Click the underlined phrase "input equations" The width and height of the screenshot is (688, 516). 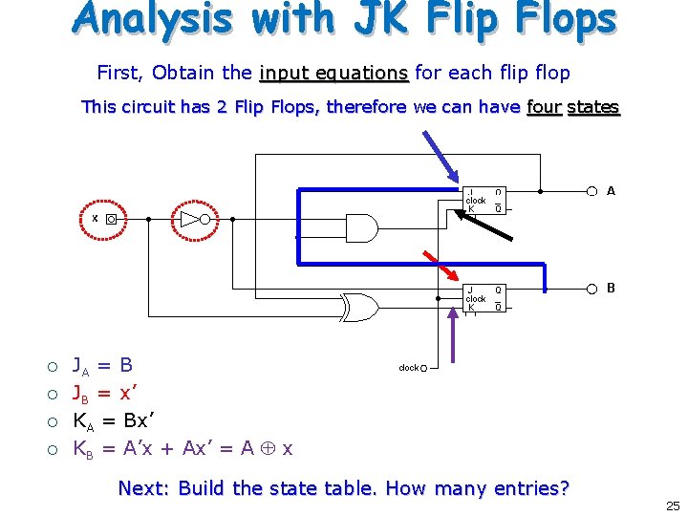click(333, 74)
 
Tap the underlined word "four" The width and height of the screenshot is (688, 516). click(544, 107)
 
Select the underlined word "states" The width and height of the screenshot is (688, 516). click(593, 107)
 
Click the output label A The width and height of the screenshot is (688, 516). click(611, 191)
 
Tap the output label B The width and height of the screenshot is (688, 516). click(611, 288)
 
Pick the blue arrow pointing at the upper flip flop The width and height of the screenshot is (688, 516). click(436, 153)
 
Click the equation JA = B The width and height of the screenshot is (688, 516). click(103, 366)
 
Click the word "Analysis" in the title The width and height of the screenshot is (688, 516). click(154, 21)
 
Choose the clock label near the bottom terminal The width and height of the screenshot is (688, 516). click(409, 368)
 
